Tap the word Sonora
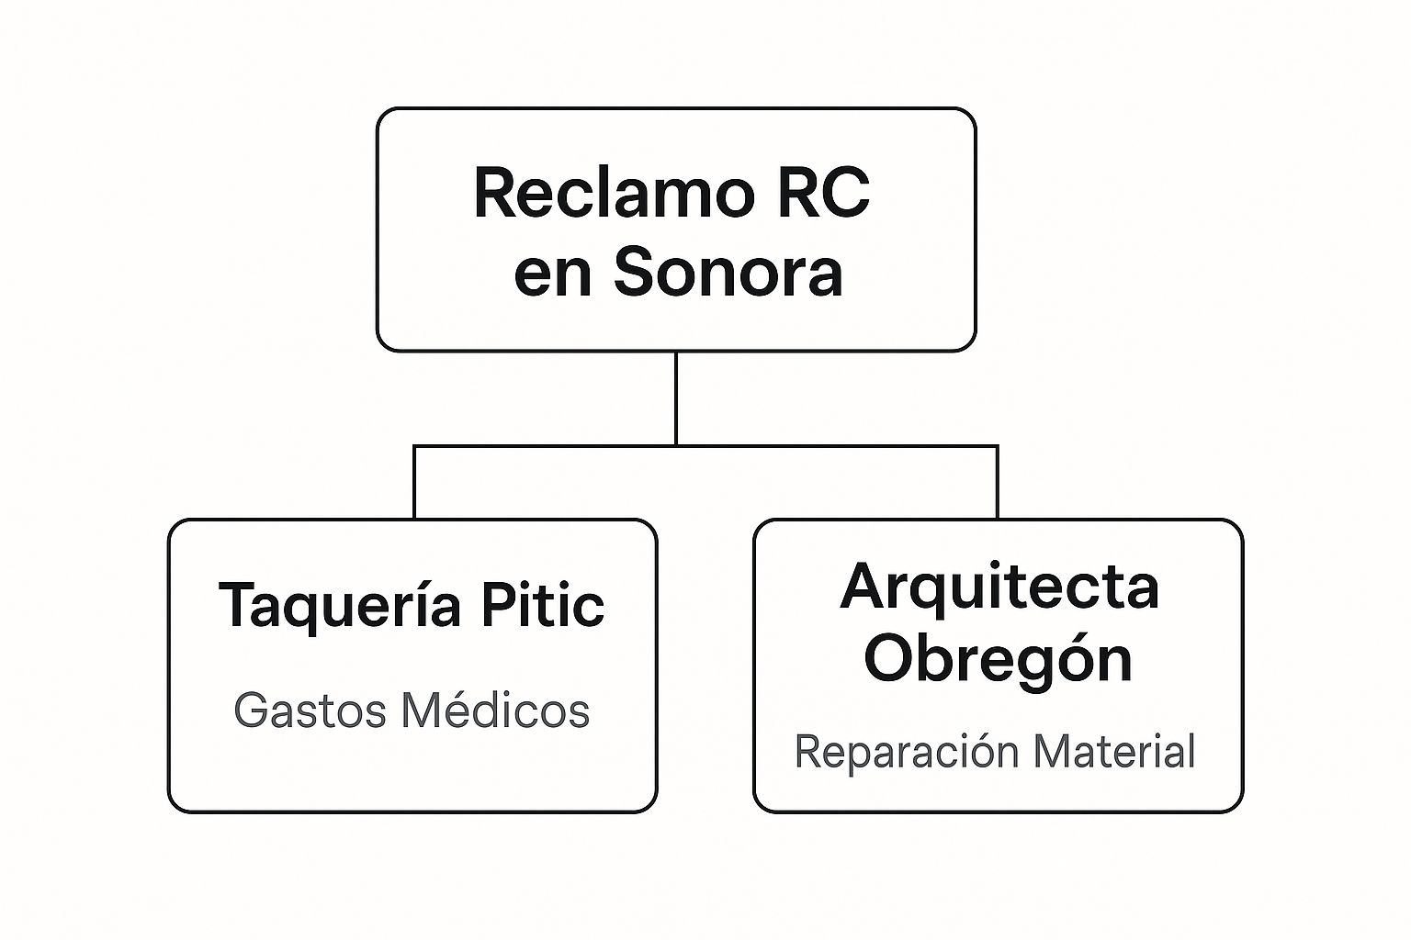(728, 273)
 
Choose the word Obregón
(999, 659)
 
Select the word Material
(1113, 752)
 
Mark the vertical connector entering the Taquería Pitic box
(414, 483)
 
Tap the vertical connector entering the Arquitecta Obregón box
(998, 483)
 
